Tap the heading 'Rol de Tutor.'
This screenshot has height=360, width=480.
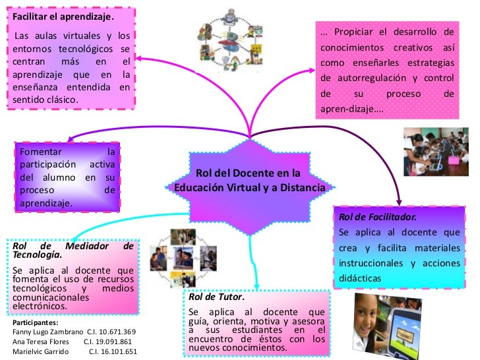[x=212, y=297]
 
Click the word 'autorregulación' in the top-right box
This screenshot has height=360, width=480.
[x=375, y=79]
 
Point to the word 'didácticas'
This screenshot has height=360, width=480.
[x=360, y=278]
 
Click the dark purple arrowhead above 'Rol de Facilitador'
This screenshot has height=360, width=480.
[x=402, y=202]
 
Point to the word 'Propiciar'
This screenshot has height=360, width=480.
[x=353, y=32]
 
